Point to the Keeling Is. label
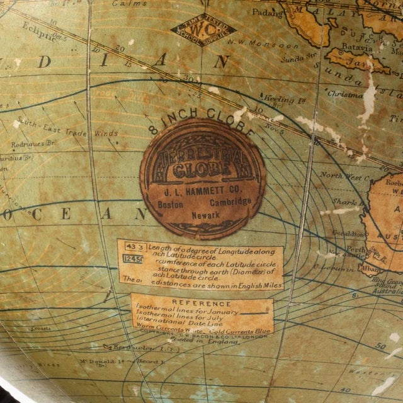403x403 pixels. [278, 99]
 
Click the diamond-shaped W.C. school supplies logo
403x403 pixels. [203, 29]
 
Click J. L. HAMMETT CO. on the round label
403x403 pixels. [202, 188]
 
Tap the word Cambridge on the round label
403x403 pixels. [230, 201]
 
